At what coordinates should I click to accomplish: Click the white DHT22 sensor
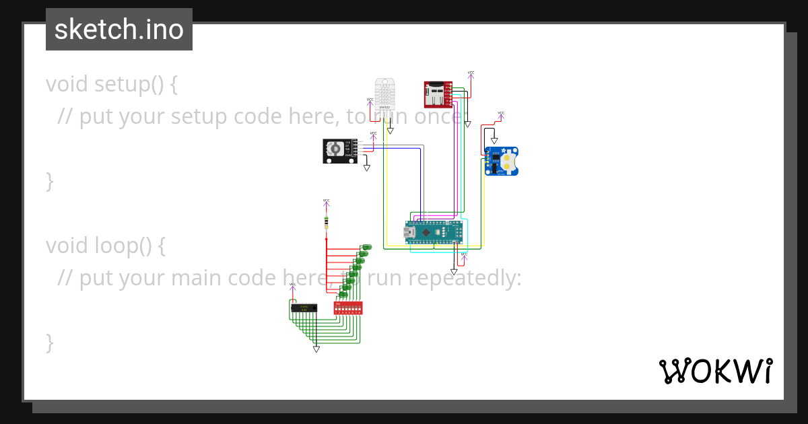point(384,94)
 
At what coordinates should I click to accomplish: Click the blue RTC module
point(502,162)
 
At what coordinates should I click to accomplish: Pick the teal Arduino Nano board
point(434,232)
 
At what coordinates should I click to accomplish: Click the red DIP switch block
point(348,308)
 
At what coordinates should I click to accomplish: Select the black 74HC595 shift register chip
point(304,308)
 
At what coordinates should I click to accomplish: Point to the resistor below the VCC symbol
point(327,221)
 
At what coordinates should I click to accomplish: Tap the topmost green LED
point(367,248)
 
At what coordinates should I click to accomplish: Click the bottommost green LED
point(343,294)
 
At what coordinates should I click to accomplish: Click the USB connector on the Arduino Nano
point(409,232)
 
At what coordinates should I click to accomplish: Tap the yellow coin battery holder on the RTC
point(509,162)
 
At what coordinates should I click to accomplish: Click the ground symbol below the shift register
point(316,349)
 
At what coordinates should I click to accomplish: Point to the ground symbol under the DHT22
point(390,130)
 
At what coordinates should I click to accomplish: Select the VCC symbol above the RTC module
point(501,114)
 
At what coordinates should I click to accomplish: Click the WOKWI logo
point(715,371)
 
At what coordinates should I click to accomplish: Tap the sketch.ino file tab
point(119,30)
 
